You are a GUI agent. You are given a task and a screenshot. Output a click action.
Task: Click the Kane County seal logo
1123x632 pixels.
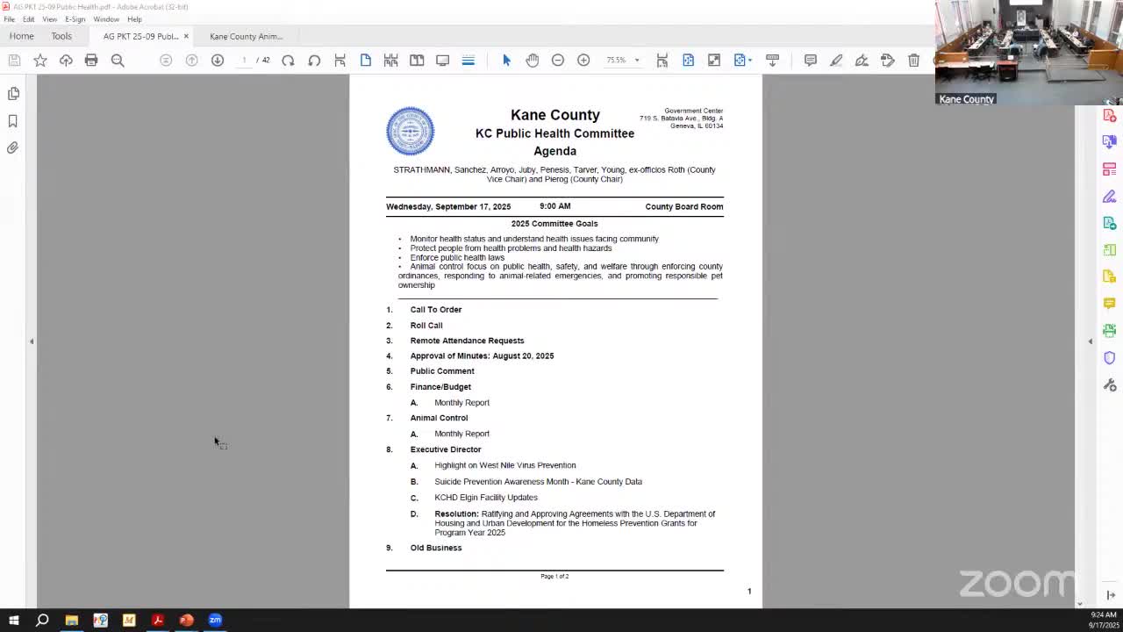[410, 131]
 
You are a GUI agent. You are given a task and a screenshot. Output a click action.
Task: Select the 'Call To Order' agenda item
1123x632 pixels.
[435, 310]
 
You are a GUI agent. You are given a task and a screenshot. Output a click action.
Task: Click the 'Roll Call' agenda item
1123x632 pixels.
[426, 326]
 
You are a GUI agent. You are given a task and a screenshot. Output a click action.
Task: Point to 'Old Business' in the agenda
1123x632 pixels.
[436, 548]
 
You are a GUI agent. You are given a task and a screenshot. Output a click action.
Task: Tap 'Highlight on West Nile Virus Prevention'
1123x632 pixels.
[505, 465]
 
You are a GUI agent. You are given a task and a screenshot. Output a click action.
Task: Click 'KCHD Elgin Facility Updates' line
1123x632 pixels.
[486, 498]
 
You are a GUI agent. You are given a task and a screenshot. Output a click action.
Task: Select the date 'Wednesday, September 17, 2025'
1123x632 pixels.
[448, 207]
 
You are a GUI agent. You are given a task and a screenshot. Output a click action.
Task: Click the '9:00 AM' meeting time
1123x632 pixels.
[555, 206]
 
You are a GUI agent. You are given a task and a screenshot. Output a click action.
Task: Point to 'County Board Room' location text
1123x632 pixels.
[684, 207]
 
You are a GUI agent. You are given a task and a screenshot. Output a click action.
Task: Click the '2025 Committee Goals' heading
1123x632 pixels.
[554, 224]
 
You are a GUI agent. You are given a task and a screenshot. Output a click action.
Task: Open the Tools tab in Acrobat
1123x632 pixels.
[61, 36]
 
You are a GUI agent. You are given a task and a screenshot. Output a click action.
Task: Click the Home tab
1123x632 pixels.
[22, 36]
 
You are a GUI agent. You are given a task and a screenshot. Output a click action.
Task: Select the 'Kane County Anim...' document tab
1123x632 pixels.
[246, 37]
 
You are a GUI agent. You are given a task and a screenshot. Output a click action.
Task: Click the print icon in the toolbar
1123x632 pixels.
[91, 61]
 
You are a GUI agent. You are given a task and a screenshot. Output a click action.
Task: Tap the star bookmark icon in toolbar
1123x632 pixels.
[40, 61]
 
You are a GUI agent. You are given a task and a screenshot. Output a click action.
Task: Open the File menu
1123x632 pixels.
[9, 19]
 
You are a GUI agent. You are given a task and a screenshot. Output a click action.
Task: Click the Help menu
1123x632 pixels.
[134, 19]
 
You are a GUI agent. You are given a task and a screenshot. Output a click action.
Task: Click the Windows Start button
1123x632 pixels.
[13, 621]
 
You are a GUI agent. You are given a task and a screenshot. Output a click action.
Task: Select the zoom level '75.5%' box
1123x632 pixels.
[616, 61]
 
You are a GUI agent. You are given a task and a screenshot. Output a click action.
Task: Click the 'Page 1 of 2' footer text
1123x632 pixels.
[554, 577]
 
